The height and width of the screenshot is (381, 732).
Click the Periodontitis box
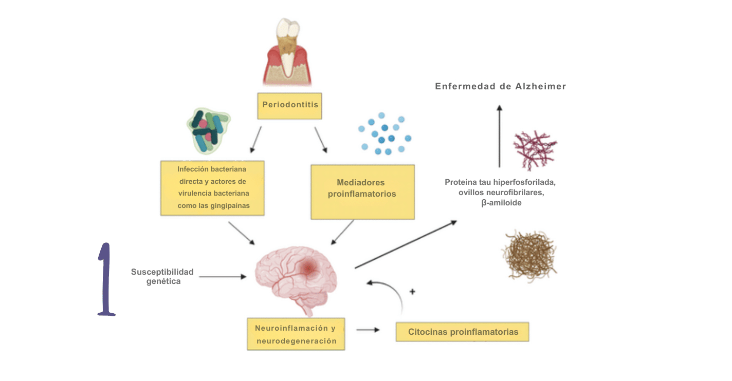tap(290, 105)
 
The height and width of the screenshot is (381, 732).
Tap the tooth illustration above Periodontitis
tap(286, 52)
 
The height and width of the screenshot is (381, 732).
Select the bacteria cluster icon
tap(208, 130)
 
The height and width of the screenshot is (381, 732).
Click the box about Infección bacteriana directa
tap(212, 187)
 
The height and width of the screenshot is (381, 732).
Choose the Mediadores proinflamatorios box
tap(362, 192)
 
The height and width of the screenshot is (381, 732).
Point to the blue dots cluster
tap(385, 134)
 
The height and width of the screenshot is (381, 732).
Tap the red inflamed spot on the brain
tap(309, 268)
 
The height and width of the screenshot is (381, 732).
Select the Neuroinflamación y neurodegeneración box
tap(296, 334)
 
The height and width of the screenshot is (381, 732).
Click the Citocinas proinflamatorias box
tap(462, 332)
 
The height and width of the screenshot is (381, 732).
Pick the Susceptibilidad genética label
tap(162, 276)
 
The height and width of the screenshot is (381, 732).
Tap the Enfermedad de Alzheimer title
tap(500, 86)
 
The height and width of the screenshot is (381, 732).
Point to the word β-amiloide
tap(501, 203)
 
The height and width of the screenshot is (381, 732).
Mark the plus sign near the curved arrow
tap(412, 292)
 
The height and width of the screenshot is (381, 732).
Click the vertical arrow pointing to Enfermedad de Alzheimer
tap(499, 136)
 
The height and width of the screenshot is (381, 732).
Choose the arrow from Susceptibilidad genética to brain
tap(223, 277)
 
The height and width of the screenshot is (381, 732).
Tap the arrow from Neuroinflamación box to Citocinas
tap(368, 330)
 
